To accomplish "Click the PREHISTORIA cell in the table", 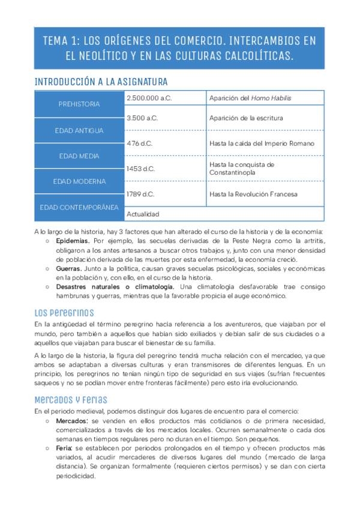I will (x=79, y=104).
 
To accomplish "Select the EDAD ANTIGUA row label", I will (x=79, y=130).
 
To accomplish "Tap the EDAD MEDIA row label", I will (x=79, y=156).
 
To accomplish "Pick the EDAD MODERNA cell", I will (x=79, y=181).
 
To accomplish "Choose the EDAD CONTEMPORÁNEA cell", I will (x=79, y=207).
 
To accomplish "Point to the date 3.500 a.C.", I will (x=143, y=118).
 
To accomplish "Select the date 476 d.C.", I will (x=140, y=144).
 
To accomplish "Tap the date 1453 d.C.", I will (x=141, y=169).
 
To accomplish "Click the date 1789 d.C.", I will (x=141, y=194).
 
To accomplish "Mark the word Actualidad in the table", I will (x=143, y=214).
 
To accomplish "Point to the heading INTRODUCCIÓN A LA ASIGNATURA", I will (x=101, y=81).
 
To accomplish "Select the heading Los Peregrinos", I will (x=64, y=313).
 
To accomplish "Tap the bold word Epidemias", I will (x=71, y=241).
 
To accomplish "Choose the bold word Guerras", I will (x=68, y=269).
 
